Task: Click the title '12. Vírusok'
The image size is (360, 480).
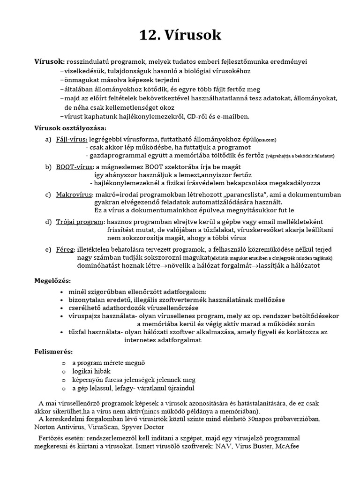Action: click(180, 35)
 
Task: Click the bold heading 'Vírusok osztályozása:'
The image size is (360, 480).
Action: click(70, 128)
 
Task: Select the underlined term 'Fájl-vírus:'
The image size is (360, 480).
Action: click(71, 139)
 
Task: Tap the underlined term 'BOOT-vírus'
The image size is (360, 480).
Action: click(75, 167)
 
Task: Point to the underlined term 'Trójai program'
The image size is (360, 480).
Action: click(80, 222)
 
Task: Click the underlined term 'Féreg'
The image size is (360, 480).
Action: click(65, 249)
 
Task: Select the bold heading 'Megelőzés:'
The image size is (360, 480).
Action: click(52, 280)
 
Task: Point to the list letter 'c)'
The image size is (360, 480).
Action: click(48, 195)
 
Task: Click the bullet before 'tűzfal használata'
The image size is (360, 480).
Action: click(63, 332)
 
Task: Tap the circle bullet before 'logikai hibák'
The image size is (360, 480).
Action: click(63, 371)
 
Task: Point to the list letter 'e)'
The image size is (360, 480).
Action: click(48, 249)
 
